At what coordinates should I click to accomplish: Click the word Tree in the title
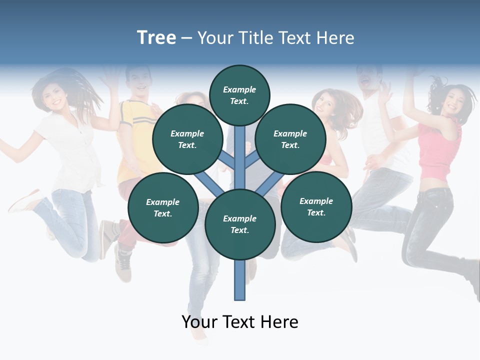pos(156,38)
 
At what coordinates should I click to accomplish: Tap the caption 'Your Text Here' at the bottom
pos(240,322)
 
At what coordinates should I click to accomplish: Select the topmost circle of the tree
pos(239,95)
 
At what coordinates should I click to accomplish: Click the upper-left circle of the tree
pos(187,139)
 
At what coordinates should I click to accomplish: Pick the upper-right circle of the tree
pos(290,139)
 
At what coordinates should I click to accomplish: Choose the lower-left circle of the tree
pos(163,208)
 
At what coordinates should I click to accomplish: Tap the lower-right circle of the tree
pos(316,207)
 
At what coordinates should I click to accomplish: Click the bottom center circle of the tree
pos(240,224)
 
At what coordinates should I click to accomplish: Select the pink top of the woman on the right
pos(438,150)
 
